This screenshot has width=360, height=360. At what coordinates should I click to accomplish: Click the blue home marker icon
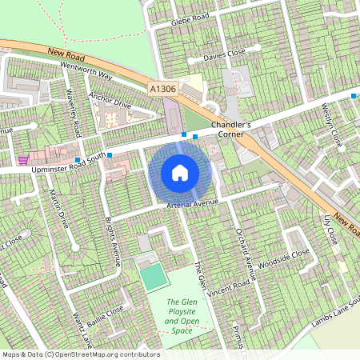coord(180,173)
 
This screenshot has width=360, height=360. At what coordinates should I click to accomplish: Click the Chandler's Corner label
coord(230,130)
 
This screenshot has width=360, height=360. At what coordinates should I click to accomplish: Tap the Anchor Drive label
coord(110,102)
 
